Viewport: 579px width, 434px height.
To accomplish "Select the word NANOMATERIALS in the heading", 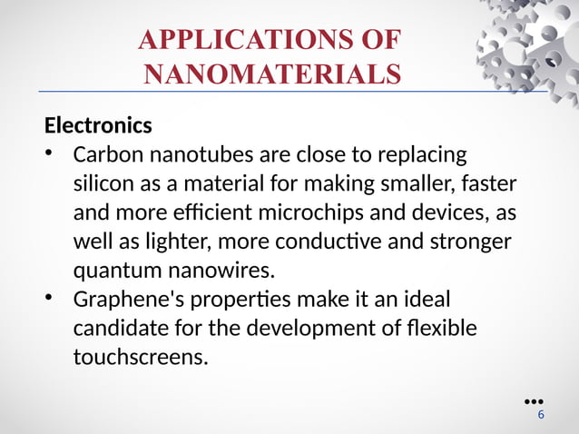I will coord(271,74).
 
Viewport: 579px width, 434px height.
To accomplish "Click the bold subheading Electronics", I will coord(98,123).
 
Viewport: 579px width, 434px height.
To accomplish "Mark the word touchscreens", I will coord(140,357).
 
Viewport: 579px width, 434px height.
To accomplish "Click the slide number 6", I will coord(541,415).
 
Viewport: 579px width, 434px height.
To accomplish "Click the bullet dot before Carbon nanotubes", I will coord(52,152).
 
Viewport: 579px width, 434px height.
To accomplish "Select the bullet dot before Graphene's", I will coord(52,298).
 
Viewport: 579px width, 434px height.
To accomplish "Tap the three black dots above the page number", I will coord(534,400).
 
